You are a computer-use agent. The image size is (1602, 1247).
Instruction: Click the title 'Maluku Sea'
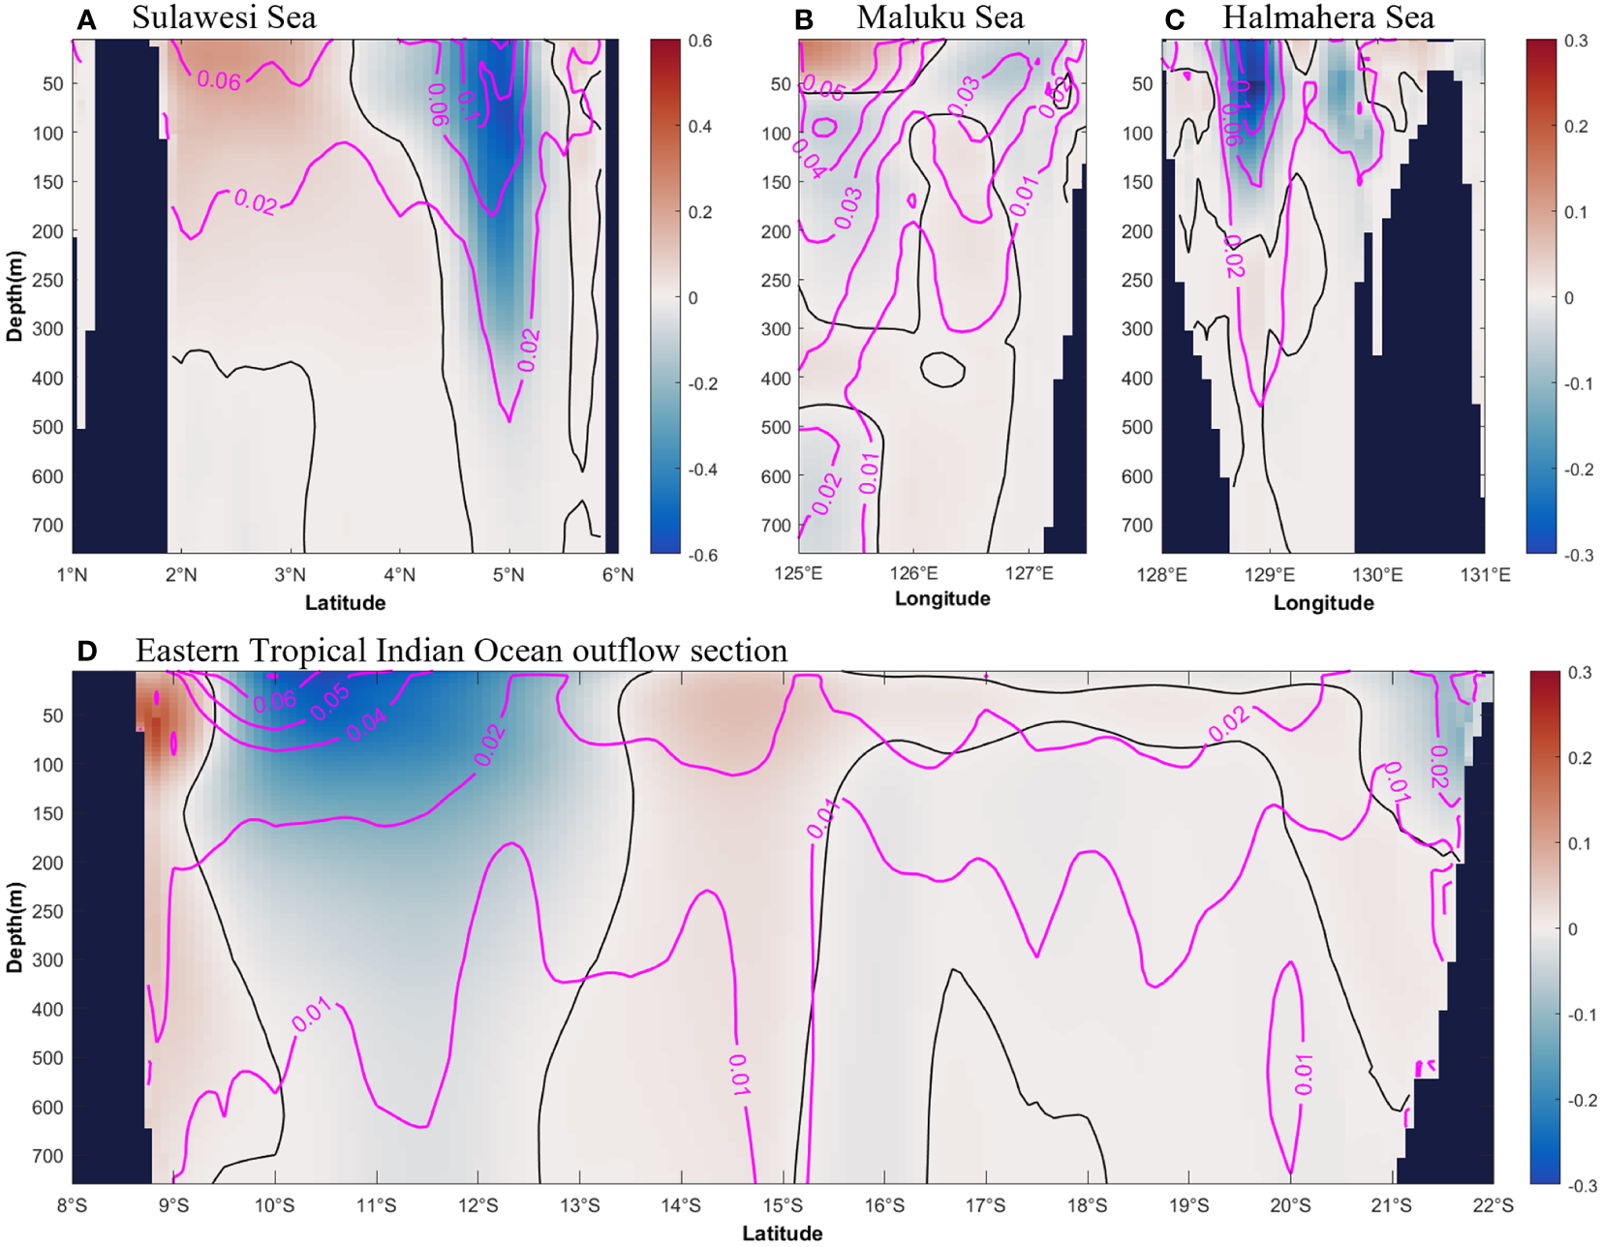coord(940,17)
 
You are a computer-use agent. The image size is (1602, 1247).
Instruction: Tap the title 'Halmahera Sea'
coord(1328,17)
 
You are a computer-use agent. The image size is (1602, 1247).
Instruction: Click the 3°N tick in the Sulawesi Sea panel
coord(290,575)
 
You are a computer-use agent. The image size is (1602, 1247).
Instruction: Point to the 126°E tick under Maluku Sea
coord(913,573)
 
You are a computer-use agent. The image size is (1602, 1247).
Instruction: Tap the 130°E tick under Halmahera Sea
coord(1376,575)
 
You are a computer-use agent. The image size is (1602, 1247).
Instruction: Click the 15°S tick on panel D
coord(783,1205)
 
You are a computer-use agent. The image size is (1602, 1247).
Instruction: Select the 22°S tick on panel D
coord(1493,1205)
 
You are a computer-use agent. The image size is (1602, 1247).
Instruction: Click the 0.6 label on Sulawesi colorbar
coord(700,41)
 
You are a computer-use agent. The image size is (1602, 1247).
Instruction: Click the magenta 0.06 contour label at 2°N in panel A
coord(219,80)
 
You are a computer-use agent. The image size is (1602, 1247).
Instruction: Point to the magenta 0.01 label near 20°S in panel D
coord(1304,1075)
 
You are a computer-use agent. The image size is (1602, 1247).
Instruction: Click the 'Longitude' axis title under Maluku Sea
coord(941,598)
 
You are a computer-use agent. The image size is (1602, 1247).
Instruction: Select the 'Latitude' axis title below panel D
coord(782,1233)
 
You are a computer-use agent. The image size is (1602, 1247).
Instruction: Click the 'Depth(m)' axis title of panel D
coord(15,927)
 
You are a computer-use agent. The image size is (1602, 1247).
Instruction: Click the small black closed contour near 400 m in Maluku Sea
coord(942,369)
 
